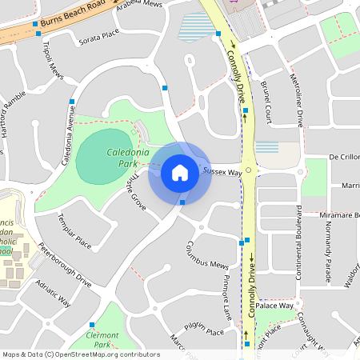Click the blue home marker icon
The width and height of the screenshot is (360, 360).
[x=180, y=172]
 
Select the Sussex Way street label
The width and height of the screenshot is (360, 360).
[x=222, y=171]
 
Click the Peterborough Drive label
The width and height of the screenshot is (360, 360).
[x=65, y=265]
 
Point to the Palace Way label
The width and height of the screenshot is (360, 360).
[x=275, y=306]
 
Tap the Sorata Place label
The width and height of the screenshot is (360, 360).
[x=98, y=35]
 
